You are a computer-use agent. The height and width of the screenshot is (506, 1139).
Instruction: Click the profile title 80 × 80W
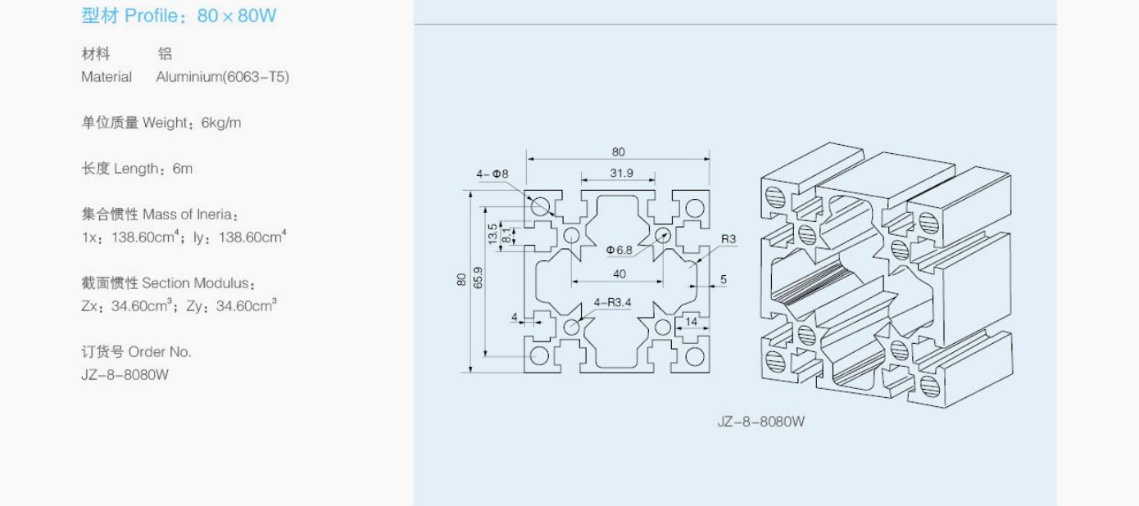[237, 16]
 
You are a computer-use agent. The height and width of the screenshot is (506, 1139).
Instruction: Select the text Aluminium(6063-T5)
[223, 77]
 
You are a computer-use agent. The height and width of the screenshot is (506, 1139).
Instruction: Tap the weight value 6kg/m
[221, 123]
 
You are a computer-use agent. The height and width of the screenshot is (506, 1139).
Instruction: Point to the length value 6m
[183, 169]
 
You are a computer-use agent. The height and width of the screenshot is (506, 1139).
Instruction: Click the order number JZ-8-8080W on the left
[125, 375]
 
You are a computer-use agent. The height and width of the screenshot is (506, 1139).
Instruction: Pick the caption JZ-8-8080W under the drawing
[761, 422]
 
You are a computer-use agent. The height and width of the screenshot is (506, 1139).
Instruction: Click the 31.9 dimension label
[621, 174]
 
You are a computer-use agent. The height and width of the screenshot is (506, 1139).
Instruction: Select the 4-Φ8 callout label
[492, 174]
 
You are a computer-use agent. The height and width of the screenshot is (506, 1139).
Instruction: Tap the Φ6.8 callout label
[619, 250]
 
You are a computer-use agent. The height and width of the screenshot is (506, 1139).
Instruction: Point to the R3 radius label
[728, 239]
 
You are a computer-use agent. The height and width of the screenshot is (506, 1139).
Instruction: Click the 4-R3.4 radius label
[612, 303]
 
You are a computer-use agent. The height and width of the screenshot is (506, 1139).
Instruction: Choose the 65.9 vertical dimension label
[478, 278]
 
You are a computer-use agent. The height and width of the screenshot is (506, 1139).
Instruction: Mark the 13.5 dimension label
[492, 234]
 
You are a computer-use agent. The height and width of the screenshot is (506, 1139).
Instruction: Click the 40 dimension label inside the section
[619, 274]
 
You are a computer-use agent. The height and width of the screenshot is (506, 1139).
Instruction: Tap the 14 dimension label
[691, 322]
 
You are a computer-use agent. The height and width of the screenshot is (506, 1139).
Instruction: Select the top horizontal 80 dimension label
[619, 152]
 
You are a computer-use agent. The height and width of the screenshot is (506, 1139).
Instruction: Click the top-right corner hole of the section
[695, 208]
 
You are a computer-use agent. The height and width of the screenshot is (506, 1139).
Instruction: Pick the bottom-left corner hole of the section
[539, 355]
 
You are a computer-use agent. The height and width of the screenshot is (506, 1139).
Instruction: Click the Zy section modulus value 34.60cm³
[247, 305]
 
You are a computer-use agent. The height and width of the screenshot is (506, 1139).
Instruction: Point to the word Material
[107, 77]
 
